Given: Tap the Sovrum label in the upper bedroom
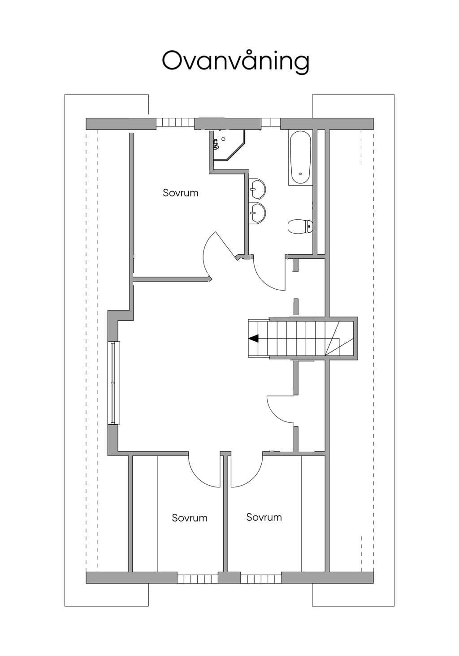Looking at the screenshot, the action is point(181,193).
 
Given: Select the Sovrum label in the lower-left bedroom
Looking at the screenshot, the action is point(190,518).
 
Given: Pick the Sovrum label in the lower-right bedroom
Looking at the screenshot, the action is point(264,517).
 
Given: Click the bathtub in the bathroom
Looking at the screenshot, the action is point(300,157).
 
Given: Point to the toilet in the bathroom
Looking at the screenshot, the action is point(300,227).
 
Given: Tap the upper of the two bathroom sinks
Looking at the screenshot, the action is point(258,188).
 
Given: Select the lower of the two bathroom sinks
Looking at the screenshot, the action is point(258,213).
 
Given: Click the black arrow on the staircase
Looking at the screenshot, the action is point(254,339).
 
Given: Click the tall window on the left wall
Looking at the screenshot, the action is point(114,382).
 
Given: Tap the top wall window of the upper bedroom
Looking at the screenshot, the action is point(175,122).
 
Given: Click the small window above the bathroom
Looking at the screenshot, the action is point(271,122).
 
